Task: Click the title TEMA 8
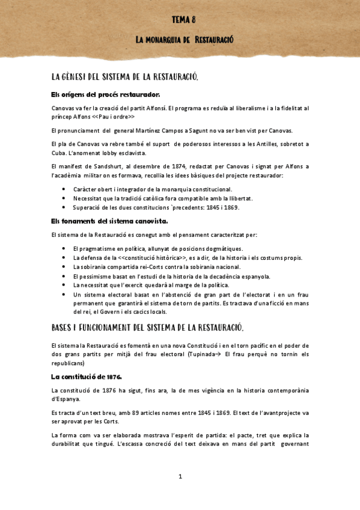click(x=184, y=19)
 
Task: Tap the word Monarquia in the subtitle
click(x=164, y=40)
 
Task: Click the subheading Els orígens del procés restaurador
click(x=106, y=94)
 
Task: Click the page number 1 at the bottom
click(x=180, y=477)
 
